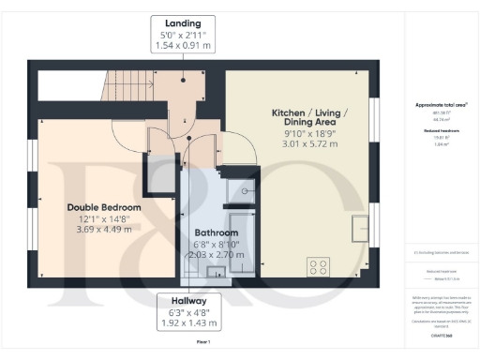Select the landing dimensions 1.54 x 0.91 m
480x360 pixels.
183,45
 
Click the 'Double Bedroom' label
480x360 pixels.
103,206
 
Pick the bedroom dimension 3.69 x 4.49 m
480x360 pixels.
103,230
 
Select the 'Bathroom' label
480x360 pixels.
216,232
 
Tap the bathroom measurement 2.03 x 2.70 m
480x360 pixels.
216,254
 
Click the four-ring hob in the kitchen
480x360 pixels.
319,267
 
